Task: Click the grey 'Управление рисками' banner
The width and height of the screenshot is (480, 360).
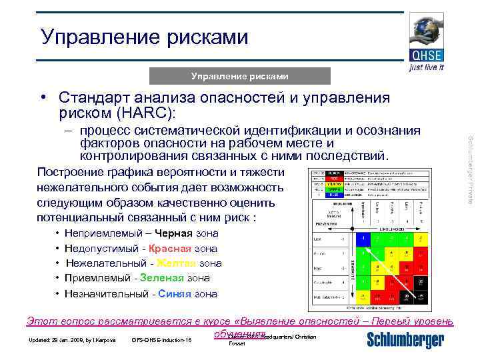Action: pyautogui.click(x=240, y=76)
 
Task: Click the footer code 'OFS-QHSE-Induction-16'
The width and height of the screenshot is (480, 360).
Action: pyautogui.click(x=161, y=341)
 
